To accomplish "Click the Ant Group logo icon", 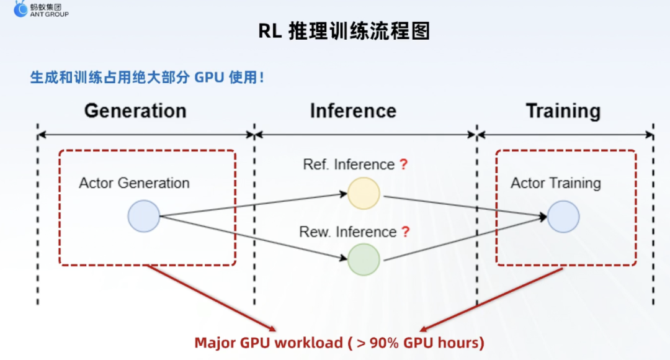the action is [20, 9].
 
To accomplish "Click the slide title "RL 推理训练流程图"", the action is [344, 31].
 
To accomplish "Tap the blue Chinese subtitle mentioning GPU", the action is [147, 78].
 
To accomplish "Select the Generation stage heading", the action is [135, 110].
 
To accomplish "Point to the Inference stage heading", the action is [354, 110].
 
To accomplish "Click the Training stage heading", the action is [563, 111].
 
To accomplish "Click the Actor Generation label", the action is [134, 183].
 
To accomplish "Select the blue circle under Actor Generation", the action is [143, 217].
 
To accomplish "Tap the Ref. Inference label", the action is [349, 164].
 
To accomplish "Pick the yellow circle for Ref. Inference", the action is [364, 194].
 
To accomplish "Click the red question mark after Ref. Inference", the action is [404, 164].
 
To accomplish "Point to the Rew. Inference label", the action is [348, 232].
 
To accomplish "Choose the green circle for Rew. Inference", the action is [364, 259].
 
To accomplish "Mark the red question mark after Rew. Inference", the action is [406, 232].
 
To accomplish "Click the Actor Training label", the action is [555, 183].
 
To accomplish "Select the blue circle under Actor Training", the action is [563, 217].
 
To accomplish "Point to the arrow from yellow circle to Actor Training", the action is [465, 207].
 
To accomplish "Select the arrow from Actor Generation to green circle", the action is [253, 238].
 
